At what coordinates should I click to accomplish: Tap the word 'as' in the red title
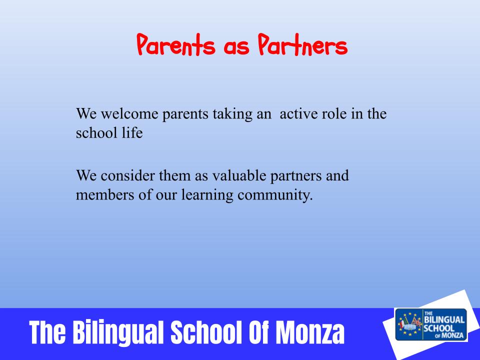click(x=236, y=47)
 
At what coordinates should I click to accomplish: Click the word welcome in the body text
click(x=129, y=113)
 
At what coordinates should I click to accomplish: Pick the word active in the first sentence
click(x=298, y=113)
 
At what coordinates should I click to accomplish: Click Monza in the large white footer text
click(x=310, y=332)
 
